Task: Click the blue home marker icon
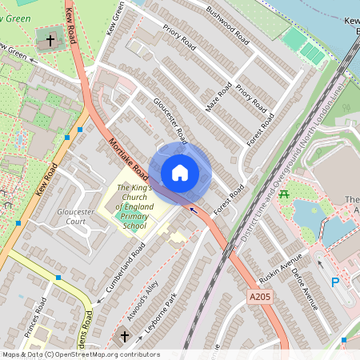[x=180, y=172]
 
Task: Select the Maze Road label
[x=218, y=95]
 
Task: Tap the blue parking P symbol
[x=336, y=282]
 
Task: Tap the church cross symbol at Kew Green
[x=50, y=39]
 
